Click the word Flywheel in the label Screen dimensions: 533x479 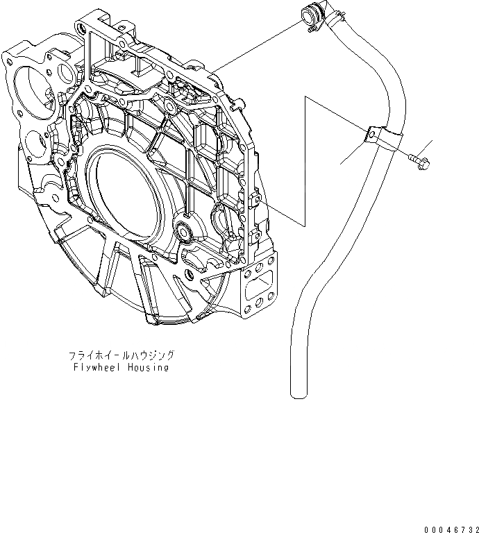pos(94,367)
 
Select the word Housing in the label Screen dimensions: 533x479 pos(147,367)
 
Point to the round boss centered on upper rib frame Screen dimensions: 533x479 pos(169,108)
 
